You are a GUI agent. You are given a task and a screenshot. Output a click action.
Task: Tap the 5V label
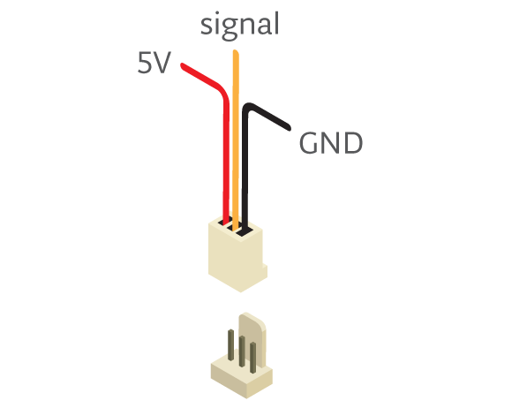click(154, 63)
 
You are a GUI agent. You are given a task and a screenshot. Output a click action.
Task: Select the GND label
click(331, 143)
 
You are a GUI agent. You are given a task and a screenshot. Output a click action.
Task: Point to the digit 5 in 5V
click(144, 63)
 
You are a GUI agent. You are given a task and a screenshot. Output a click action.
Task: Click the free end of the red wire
click(183, 65)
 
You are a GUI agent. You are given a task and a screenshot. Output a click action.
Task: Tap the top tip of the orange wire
click(236, 51)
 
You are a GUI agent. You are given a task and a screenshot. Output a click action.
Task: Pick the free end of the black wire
click(288, 128)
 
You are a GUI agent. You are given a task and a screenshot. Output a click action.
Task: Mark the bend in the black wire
click(249, 108)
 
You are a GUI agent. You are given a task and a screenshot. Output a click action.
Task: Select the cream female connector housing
click(237, 254)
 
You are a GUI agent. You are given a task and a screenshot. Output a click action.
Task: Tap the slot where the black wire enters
click(245, 231)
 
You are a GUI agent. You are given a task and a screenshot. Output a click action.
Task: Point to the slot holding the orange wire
click(235, 226)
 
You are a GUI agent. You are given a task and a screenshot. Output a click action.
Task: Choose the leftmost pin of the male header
click(231, 345)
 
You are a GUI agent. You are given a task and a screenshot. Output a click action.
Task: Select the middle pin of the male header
click(242, 351)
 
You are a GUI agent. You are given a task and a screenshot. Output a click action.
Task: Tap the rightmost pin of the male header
click(252, 358)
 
